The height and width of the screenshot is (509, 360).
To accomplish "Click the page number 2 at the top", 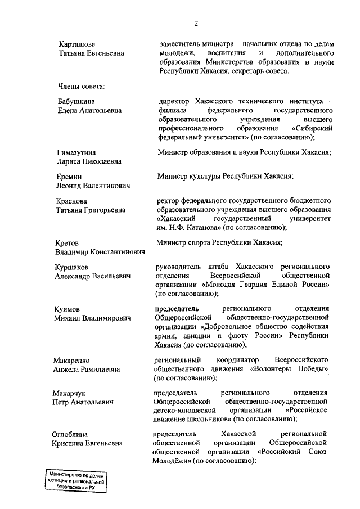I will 196,23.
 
